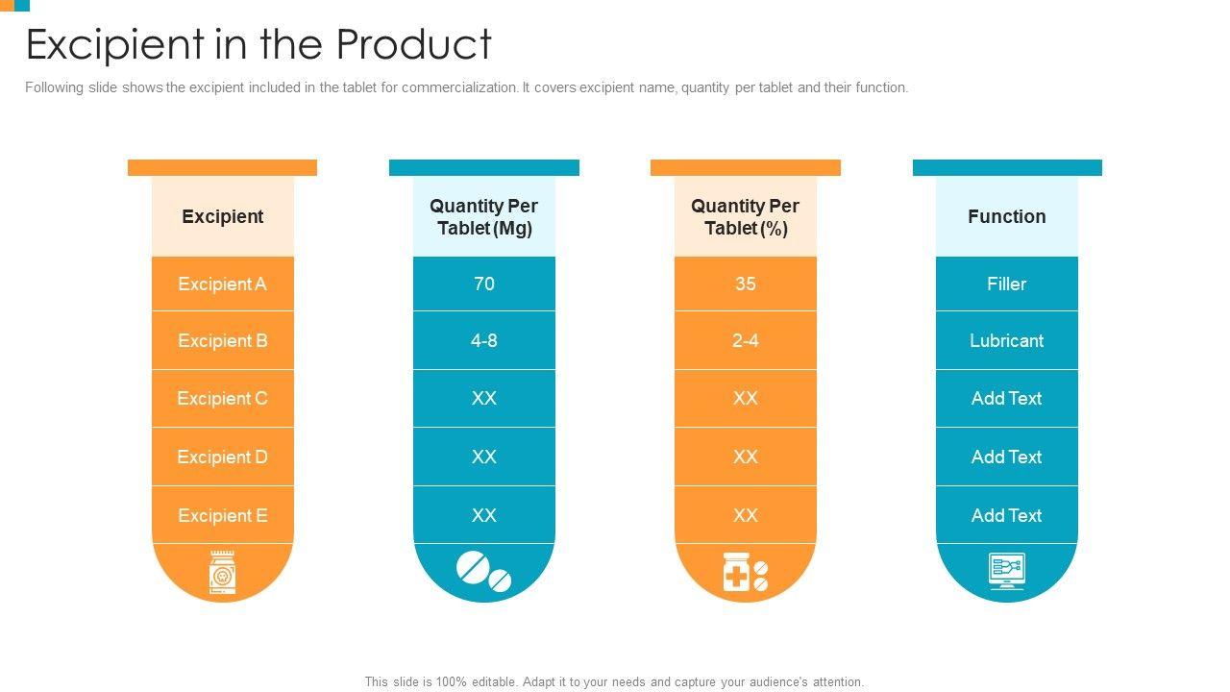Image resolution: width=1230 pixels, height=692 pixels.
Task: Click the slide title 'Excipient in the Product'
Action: click(x=258, y=44)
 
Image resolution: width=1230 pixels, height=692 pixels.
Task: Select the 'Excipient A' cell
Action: click(x=222, y=284)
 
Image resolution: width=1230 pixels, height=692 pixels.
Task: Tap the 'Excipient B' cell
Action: click(x=222, y=340)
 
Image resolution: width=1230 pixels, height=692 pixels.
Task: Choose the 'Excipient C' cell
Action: click(x=222, y=398)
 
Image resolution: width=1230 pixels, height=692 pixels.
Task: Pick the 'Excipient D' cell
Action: click(x=222, y=457)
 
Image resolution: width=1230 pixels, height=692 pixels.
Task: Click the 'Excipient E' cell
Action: click(x=222, y=515)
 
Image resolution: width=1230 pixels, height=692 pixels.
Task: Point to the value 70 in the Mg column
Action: click(x=483, y=284)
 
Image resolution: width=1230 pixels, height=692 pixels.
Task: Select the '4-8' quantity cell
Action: click(x=483, y=340)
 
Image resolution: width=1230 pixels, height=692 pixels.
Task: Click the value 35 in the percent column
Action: click(x=745, y=284)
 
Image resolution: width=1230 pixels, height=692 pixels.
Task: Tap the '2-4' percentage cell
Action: click(x=745, y=340)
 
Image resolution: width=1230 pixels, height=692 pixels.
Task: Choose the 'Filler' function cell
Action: click(x=1006, y=284)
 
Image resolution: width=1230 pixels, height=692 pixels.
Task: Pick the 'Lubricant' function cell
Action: click(x=1006, y=340)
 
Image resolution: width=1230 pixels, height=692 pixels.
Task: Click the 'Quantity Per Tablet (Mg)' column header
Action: click(x=483, y=217)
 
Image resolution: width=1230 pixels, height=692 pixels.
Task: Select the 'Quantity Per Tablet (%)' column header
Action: click(x=745, y=217)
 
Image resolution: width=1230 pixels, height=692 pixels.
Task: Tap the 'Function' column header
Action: click(x=1006, y=216)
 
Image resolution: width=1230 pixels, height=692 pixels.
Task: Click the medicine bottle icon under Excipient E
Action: click(x=222, y=573)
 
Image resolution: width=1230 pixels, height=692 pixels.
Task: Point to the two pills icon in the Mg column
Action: click(x=483, y=571)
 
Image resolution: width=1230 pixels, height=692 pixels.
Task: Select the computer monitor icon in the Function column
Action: click(x=1006, y=571)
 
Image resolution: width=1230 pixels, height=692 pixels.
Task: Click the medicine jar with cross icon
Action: click(x=745, y=572)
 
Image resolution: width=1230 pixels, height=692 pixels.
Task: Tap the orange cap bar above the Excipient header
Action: click(x=222, y=167)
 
